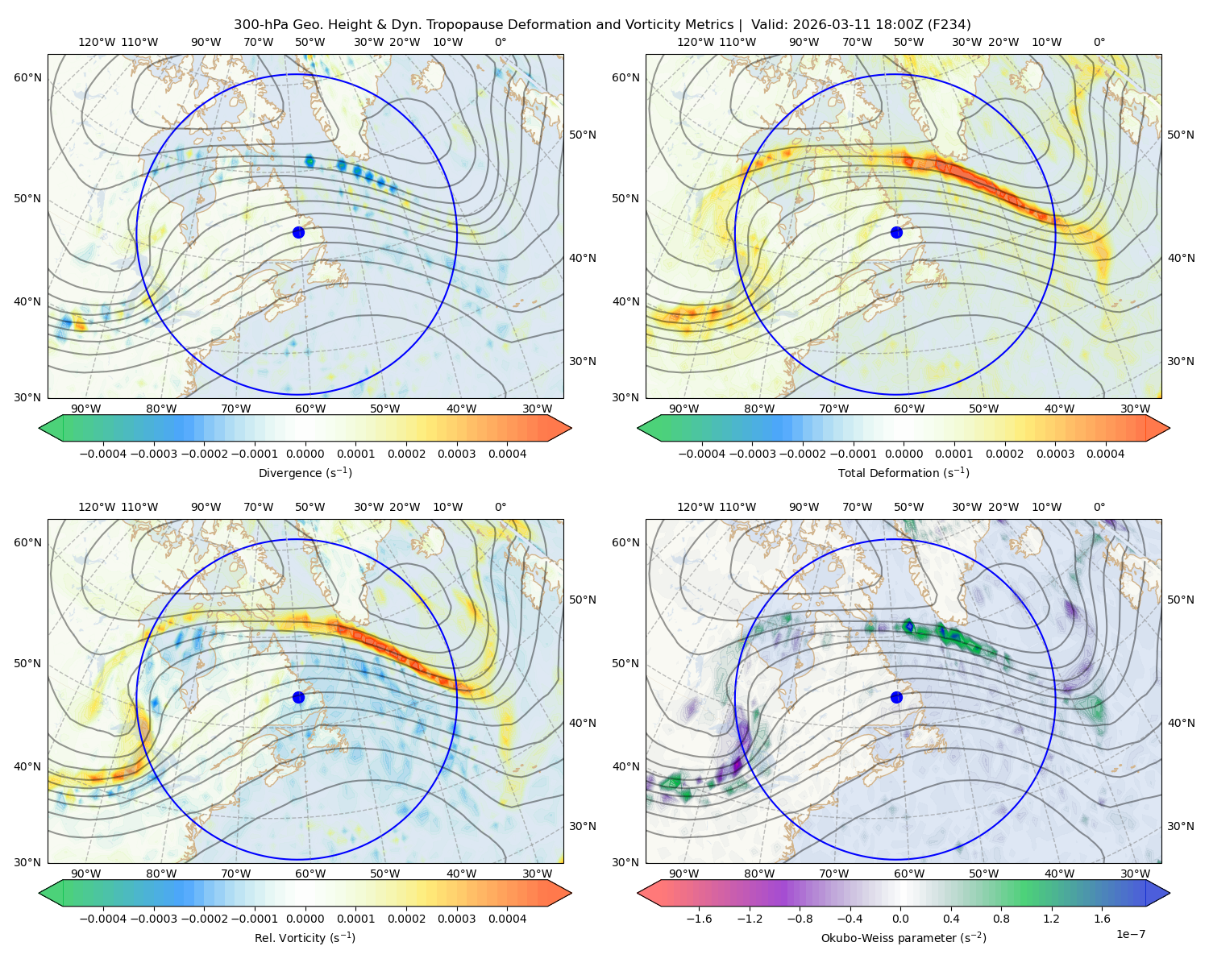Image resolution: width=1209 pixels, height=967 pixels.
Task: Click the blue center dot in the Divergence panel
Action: [x=298, y=233]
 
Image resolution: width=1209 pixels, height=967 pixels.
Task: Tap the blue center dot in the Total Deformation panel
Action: [x=896, y=233]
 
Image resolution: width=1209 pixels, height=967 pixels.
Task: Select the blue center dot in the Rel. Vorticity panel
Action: [x=298, y=697]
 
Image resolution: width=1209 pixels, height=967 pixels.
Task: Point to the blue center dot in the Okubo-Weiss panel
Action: [x=896, y=697]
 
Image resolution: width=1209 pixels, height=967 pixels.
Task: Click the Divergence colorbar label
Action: [x=305, y=473]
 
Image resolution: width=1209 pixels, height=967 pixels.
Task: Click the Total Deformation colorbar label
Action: [x=904, y=473]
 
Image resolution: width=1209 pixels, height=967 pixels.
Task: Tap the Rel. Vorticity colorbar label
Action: [x=305, y=938]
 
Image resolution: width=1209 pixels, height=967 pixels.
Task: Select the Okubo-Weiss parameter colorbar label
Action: [x=904, y=938]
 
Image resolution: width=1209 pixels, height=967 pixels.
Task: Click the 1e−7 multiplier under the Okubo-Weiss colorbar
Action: [x=1130, y=934]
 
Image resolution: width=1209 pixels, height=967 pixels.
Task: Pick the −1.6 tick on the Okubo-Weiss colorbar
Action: [x=699, y=919]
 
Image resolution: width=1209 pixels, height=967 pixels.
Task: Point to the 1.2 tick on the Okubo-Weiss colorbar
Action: [x=1052, y=919]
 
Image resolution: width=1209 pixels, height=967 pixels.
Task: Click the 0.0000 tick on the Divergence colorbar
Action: [x=305, y=454]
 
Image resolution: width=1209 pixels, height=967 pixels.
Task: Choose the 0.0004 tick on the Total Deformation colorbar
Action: [x=1106, y=454]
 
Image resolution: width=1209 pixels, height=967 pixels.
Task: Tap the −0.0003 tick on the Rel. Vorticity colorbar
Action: [x=153, y=919]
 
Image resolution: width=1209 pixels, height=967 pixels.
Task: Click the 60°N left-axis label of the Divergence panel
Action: [x=27, y=77]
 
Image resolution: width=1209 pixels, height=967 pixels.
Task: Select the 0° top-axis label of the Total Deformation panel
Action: [x=1099, y=42]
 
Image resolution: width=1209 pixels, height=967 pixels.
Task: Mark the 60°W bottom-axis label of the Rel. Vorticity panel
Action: [x=310, y=874]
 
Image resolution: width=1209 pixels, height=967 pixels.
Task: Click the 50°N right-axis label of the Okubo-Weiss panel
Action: [x=1181, y=600]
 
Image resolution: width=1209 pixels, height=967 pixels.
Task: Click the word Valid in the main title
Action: [x=768, y=25]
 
